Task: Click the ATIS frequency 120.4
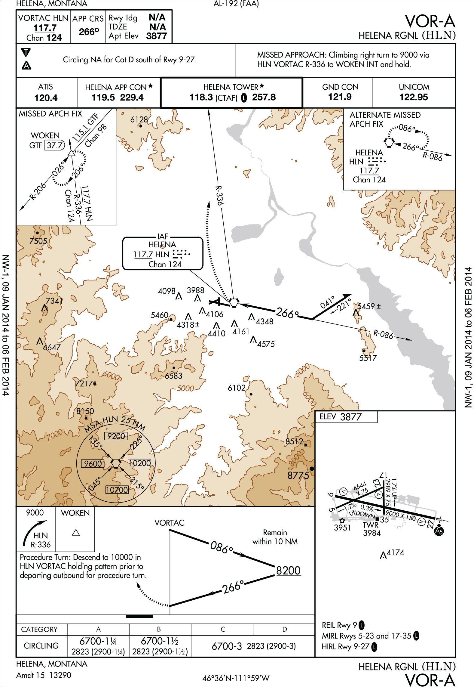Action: [46, 98]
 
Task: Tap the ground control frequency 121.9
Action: [340, 97]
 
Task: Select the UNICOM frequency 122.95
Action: [414, 97]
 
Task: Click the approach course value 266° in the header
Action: [89, 32]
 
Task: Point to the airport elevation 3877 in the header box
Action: [156, 36]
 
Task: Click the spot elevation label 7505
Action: [38, 241]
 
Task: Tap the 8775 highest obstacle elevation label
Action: [298, 475]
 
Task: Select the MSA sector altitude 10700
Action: [117, 490]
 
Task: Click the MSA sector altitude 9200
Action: [116, 436]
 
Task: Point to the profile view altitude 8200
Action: [288, 571]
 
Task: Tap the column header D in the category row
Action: [284, 629]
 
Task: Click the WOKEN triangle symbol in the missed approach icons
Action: [76, 533]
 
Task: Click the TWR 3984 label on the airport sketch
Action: [372, 529]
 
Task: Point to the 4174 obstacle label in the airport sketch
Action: [395, 552]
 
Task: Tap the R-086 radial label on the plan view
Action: [383, 334]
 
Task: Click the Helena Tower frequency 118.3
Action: [201, 97]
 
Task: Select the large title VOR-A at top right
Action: [430, 22]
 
